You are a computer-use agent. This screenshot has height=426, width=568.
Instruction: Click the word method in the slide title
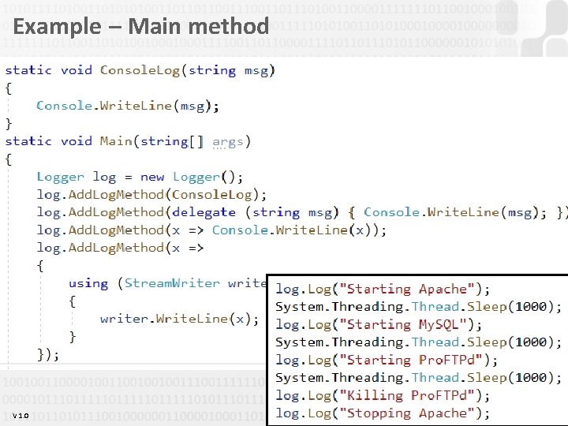tap(231, 27)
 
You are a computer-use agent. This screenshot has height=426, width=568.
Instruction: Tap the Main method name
tap(116, 141)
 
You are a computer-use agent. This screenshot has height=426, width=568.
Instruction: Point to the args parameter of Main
tap(228, 141)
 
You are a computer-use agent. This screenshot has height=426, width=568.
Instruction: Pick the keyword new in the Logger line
tap(152, 177)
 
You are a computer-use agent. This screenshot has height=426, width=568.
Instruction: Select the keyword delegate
tap(204, 212)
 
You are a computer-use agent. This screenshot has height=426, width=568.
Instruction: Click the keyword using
tap(88, 283)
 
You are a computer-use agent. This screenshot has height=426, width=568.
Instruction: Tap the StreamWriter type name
tap(172, 283)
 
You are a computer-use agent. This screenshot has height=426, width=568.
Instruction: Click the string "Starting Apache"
tap(410, 289)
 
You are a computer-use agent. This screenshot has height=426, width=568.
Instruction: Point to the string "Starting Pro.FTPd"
tap(413, 360)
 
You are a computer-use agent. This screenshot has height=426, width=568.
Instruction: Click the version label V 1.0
tap(21, 416)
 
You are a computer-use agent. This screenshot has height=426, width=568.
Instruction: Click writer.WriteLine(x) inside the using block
tap(180, 319)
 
